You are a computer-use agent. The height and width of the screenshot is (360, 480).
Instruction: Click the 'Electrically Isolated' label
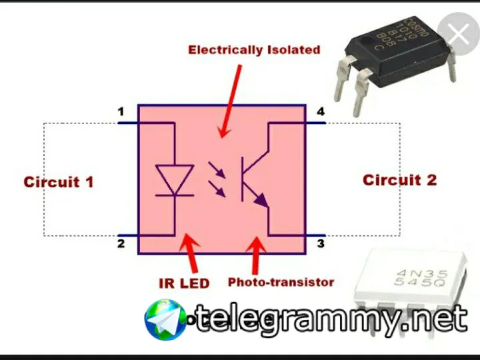[254, 50]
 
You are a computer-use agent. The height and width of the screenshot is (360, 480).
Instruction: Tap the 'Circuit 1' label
[59, 181]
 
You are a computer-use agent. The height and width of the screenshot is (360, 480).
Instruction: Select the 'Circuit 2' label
[399, 180]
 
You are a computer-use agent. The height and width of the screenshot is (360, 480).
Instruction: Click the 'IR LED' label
[184, 283]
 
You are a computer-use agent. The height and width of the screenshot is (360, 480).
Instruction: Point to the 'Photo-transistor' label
[281, 282]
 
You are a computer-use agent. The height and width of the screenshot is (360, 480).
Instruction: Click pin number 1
[121, 112]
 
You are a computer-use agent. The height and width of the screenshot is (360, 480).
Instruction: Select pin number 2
[121, 243]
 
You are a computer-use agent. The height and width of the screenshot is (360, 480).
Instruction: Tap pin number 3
[321, 243]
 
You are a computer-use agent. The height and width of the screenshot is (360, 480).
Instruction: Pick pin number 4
[321, 111]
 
